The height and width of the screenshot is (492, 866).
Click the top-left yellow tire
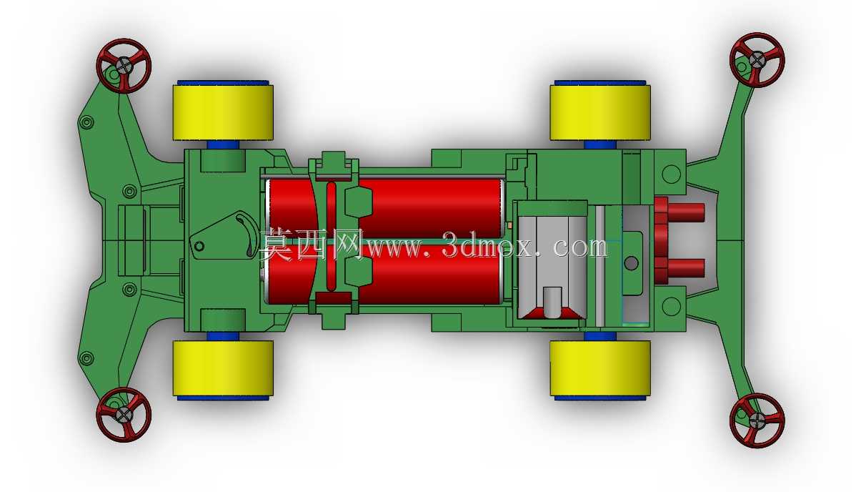[x=223, y=112]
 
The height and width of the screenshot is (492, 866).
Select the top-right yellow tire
[x=600, y=112]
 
